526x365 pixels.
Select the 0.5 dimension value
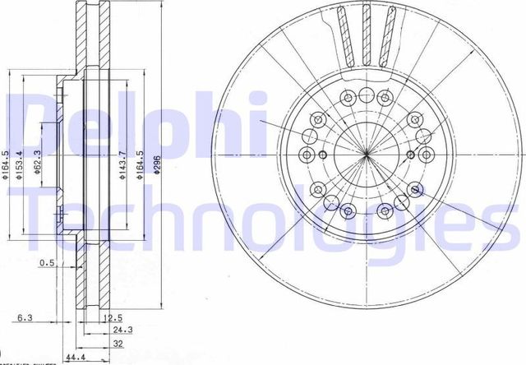pyautogui.click(x=48, y=263)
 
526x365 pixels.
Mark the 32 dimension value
pyautogui.click(x=119, y=344)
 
